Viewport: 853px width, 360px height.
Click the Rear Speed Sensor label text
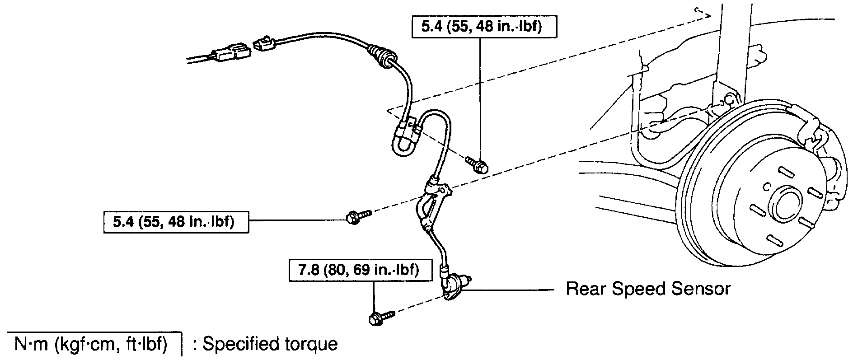point(648,289)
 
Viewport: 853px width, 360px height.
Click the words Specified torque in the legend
point(270,345)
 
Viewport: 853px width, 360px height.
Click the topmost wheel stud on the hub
point(785,174)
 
